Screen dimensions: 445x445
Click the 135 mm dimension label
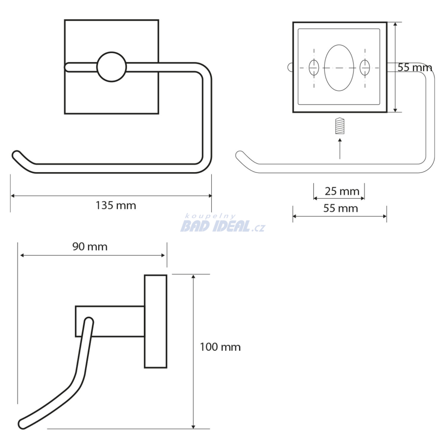(x=116, y=205)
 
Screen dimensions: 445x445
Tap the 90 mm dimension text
(x=90, y=246)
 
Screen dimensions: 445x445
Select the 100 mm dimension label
(x=220, y=347)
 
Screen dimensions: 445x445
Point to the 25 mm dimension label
(x=342, y=191)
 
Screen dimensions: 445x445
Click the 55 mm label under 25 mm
(x=341, y=208)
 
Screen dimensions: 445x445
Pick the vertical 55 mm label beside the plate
(x=415, y=67)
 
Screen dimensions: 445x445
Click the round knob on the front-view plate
(x=112, y=67)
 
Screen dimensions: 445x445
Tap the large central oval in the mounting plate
(x=339, y=68)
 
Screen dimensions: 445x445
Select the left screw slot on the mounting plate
(x=314, y=67)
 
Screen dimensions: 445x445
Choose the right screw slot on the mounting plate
(x=365, y=67)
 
